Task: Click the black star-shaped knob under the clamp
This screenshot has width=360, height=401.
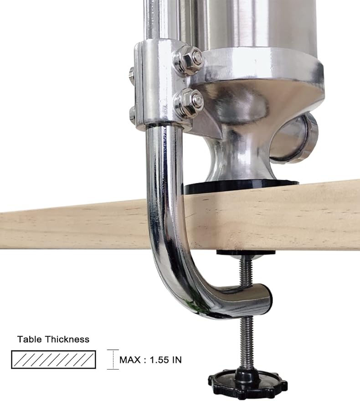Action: coord(247,383)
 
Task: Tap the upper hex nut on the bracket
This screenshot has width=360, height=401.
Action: coord(189,60)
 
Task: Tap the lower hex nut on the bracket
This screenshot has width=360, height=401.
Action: coord(189,103)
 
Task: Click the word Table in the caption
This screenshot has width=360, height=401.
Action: coord(30,339)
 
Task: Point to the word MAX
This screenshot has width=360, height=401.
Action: coord(130,360)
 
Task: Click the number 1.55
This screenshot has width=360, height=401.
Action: coord(159,360)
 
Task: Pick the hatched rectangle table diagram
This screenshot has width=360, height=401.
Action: coord(53,359)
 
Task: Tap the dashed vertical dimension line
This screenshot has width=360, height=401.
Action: coord(113,359)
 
